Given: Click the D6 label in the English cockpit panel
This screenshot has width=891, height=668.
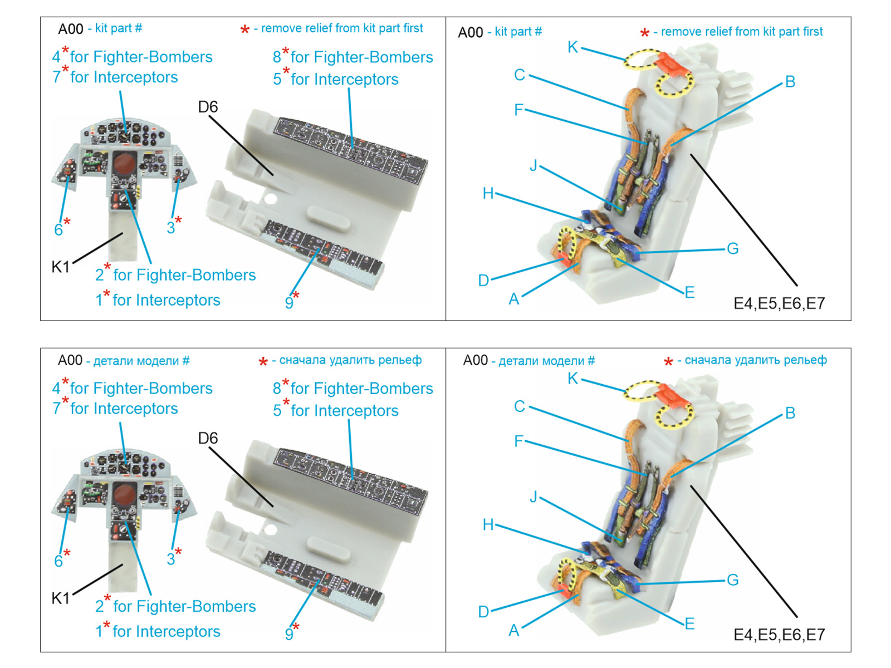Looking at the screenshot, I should point(208,106).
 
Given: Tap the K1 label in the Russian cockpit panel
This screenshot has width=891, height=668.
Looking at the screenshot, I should point(61,598).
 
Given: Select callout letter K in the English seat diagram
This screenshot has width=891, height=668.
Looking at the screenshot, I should point(572,47).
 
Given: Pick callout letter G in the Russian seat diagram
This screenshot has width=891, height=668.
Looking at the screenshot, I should point(732,580).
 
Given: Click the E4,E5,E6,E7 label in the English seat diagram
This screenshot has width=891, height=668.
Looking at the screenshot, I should point(779,303).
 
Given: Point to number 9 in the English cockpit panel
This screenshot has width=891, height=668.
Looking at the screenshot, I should point(289,303).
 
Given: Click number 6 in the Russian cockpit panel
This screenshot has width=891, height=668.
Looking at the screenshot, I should point(58,561).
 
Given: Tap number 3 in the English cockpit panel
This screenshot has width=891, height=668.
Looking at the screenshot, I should point(171,227).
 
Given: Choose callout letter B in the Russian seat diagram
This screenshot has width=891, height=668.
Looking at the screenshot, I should point(790,413).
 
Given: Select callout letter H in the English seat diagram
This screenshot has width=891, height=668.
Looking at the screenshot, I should point(488,193).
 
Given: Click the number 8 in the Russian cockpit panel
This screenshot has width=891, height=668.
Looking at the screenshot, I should point(277,389).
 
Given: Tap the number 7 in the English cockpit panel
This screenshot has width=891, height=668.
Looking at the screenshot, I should point(56,77).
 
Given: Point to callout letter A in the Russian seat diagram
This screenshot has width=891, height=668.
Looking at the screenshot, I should point(513,630).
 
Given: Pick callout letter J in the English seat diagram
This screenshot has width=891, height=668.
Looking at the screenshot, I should point(533,165).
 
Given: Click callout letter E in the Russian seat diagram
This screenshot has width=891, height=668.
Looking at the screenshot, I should point(689,623).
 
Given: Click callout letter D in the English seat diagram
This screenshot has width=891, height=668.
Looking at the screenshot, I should point(483,280).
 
